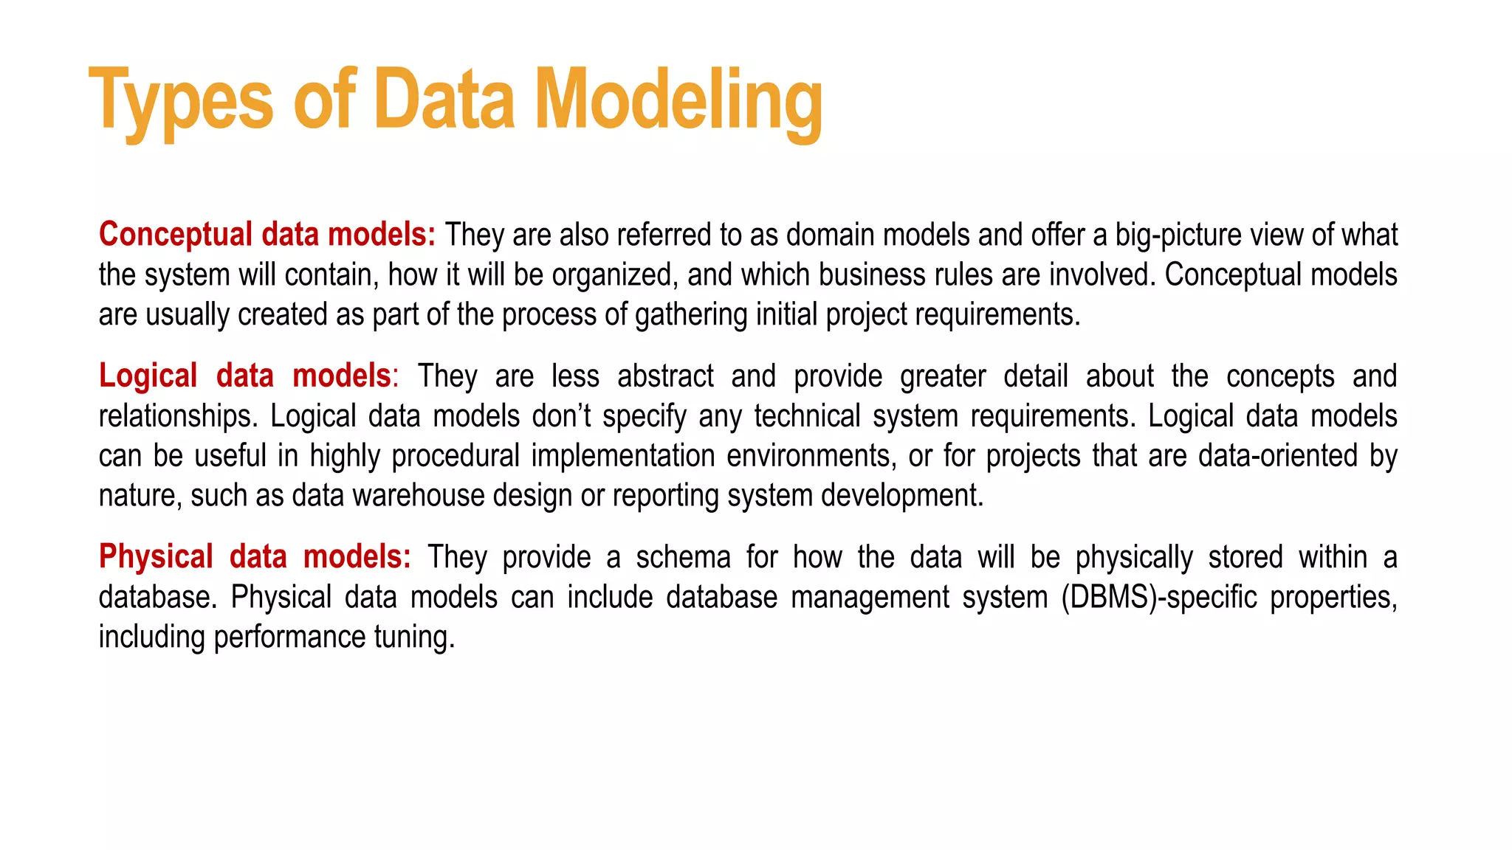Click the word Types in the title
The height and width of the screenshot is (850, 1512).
(181, 100)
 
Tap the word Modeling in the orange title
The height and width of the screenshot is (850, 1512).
(678, 100)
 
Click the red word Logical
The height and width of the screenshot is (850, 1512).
(148, 376)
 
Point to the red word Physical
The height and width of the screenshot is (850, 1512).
(156, 556)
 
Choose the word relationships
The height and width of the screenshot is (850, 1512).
(178, 416)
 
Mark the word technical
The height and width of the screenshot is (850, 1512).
(807, 416)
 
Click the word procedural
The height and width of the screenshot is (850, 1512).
(456, 455)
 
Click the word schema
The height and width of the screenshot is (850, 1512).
(683, 556)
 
